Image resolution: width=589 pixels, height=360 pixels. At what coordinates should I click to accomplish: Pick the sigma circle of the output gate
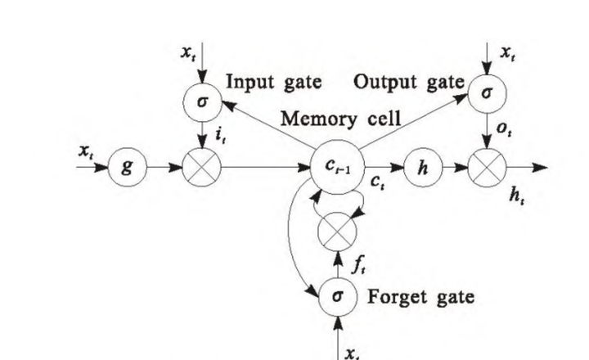[487, 93]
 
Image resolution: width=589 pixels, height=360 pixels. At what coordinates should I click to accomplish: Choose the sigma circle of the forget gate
[338, 296]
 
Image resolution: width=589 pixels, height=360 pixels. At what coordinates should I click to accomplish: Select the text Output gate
[409, 82]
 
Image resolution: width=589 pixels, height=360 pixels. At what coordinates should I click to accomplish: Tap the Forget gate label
[420, 296]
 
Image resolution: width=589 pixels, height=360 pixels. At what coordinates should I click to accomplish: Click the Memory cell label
[340, 119]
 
